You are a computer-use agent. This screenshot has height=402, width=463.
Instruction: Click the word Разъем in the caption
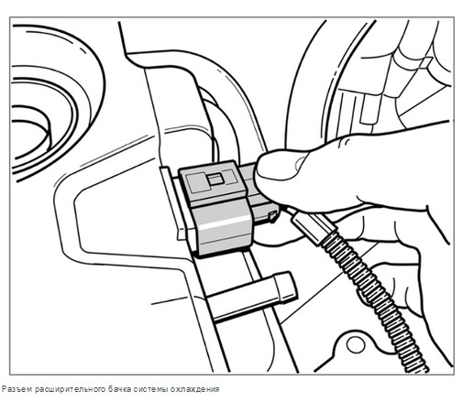[x=17, y=389]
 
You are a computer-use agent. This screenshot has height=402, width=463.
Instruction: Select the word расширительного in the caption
[x=70, y=389]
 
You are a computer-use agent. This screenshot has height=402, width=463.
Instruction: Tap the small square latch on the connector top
[x=215, y=179]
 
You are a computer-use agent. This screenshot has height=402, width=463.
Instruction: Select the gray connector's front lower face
[x=225, y=226]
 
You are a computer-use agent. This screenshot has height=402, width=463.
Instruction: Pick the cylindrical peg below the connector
[x=250, y=297]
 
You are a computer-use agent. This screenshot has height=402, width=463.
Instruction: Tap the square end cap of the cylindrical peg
[x=286, y=287]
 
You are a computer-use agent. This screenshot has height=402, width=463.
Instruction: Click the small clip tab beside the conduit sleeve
[x=272, y=216]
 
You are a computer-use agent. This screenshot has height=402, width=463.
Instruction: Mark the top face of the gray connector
[x=213, y=180]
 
